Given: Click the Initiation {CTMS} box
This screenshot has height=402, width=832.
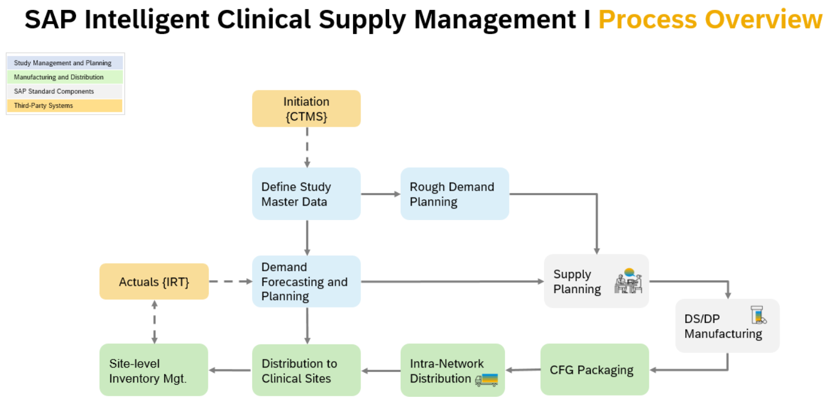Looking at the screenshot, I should point(306,108).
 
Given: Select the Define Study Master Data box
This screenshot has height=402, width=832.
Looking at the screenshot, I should point(306,194).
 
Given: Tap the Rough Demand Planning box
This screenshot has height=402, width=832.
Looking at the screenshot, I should point(454,194).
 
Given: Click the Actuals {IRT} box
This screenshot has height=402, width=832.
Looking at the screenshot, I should point(154,282).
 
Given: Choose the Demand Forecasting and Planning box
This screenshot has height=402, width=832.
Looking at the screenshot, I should point(306,282).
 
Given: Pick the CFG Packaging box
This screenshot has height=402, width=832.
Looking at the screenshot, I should point(594,370).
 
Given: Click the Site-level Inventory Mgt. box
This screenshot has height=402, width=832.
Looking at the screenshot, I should point(153,370).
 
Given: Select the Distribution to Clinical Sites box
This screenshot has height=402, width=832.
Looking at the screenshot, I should point(306,370).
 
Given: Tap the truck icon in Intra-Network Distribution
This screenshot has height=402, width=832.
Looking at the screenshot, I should point(487,380).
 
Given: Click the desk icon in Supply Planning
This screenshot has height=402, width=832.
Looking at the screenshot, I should point(628,281).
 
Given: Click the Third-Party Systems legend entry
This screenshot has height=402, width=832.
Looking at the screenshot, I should point(65,106).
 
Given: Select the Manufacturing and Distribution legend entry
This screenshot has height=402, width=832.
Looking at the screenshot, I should point(65,77).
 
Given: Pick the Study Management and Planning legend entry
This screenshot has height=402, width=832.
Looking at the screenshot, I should point(65,63).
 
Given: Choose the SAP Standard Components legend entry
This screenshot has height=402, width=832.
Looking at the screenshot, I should point(65,92).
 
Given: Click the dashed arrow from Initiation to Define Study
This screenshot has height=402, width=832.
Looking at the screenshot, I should point(307,147).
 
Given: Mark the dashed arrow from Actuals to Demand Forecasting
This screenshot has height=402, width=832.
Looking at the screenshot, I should point(230,282).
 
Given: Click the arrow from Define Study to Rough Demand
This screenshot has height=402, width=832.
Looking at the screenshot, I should point(381,194).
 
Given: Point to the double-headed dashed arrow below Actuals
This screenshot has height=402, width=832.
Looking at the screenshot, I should point(154,321).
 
